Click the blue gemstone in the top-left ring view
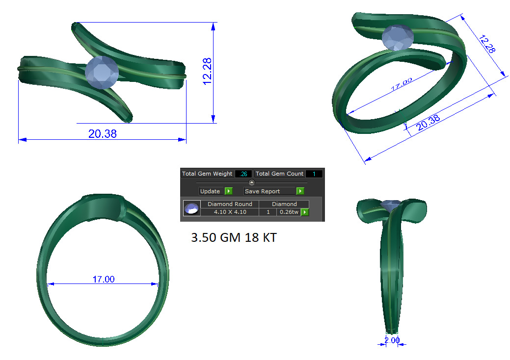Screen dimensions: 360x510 tap(102, 73)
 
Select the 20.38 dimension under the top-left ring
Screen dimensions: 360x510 tap(103, 133)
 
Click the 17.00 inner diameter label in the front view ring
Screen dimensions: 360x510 tap(104, 279)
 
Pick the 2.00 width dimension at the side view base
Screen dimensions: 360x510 tap(392, 340)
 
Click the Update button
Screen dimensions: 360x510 tap(210, 191)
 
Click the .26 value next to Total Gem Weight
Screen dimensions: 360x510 tap(243, 174)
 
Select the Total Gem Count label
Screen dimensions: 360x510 tap(279, 174)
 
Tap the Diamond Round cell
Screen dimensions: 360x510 tap(230, 204)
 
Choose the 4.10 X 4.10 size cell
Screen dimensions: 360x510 tap(230, 212)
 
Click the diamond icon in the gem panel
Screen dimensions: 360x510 tap(191, 208)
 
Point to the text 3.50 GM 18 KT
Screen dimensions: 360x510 tap(233, 238)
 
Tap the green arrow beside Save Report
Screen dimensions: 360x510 tap(300, 191)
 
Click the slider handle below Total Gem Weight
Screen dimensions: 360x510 tap(252, 182)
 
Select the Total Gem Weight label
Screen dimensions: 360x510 tap(207, 174)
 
